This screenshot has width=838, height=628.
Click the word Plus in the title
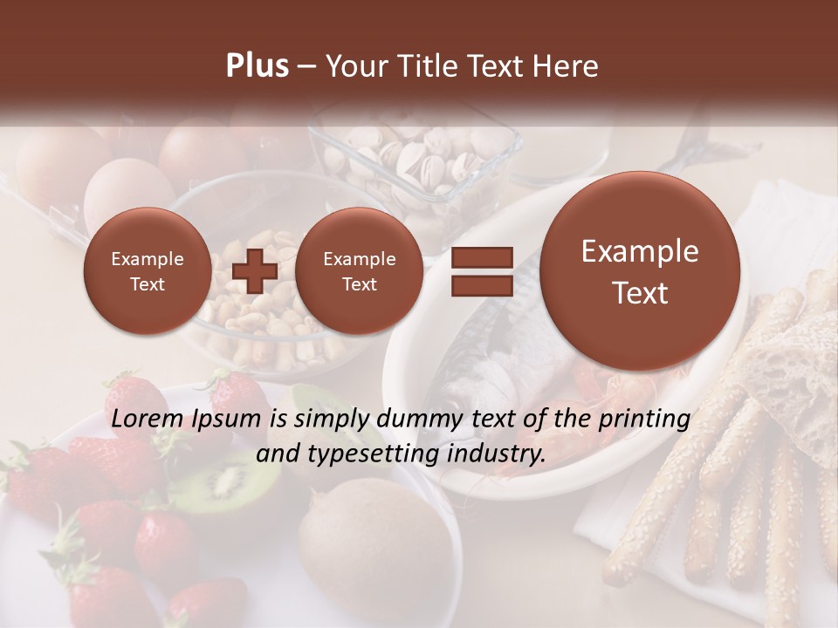point(257,66)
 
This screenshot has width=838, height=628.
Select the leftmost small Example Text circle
point(147,271)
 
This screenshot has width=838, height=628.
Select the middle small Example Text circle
point(359,271)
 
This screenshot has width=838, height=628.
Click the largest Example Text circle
point(640,271)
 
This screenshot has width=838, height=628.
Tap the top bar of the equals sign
point(482,257)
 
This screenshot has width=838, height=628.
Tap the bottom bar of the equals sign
point(482,285)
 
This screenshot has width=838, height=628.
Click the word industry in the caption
point(500,454)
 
